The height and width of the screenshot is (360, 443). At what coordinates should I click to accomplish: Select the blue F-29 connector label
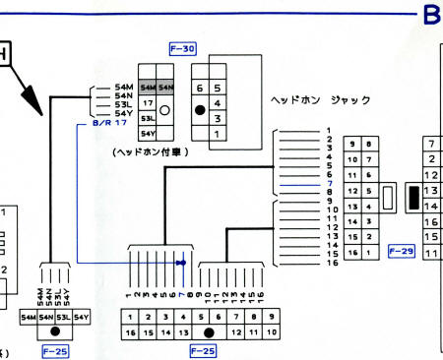coord(402,251)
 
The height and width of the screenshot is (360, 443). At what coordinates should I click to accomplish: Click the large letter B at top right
coord(431,15)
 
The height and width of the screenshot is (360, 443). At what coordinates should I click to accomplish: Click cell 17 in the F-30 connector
coord(148,102)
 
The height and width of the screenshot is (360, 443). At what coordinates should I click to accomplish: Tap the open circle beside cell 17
coord(165,110)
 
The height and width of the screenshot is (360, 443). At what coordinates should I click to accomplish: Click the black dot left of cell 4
coord(200,110)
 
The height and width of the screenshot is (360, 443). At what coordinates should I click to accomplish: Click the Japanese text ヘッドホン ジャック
coord(320,101)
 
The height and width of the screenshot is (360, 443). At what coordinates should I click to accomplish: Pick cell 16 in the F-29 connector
coord(351,252)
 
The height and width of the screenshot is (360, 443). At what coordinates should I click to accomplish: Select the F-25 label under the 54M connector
coord(54,349)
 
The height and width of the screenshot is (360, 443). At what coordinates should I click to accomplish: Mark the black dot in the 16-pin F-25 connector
coord(208,333)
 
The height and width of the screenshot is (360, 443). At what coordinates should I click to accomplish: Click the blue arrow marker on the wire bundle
coord(180,263)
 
